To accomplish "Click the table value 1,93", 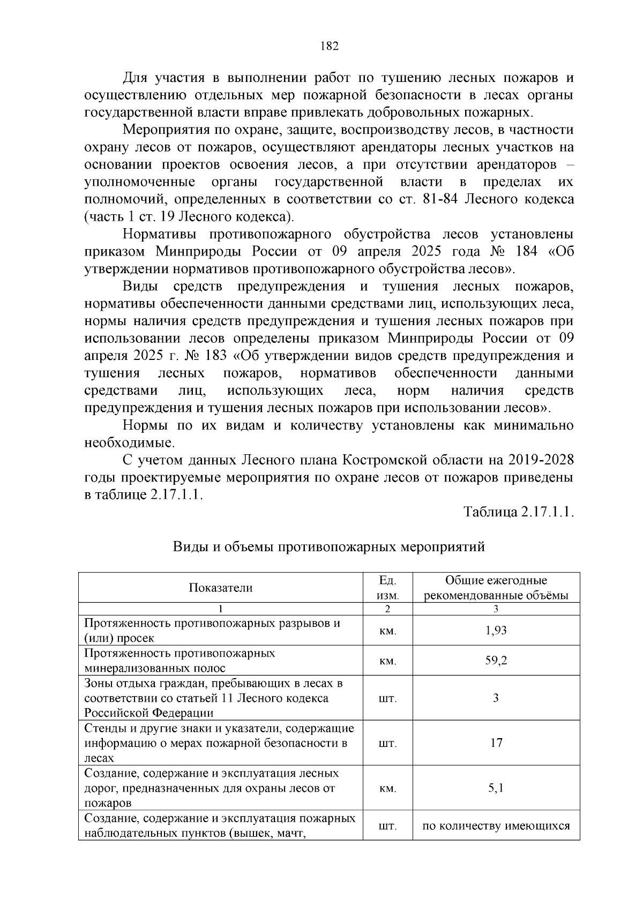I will (496, 630).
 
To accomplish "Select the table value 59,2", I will (496, 660).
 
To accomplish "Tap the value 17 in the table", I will (496, 742).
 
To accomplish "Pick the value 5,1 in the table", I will (496, 788).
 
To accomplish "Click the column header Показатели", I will (220, 588).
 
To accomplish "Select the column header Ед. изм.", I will (387, 588).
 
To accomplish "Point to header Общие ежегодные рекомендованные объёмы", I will (496, 588).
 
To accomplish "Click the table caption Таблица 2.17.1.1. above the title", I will (519, 512).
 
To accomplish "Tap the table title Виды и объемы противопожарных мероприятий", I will (328, 547).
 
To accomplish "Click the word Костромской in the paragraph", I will (384, 460).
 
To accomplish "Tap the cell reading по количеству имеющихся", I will (496, 825).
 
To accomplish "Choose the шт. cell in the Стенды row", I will (387, 743).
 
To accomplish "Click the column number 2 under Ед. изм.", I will (387, 609).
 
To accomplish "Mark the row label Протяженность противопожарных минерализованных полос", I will (180, 660).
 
